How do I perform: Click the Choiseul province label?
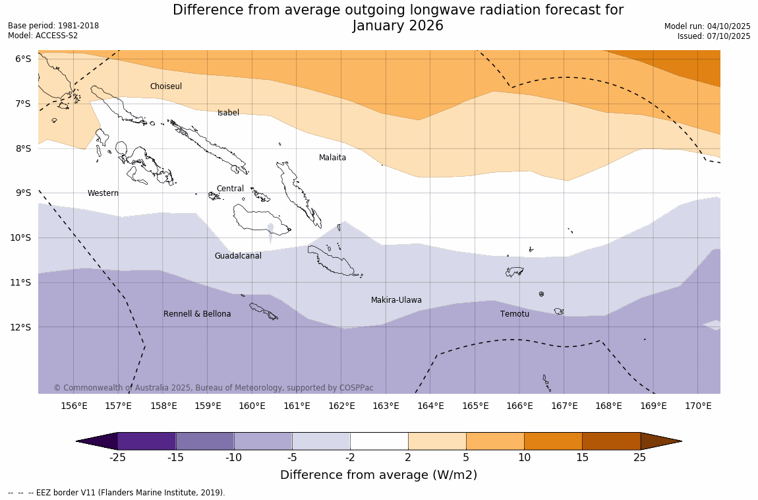click(x=165, y=86)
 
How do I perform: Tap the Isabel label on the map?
click(x=228, y=113)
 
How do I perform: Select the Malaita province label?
click(x=332, y=158)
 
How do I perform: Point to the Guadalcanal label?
click(x=238, y=256)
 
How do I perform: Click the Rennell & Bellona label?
click(x=197, y=314)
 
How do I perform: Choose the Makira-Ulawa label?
click(x=396, y=300)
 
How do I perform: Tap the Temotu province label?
click(x=514, y=314)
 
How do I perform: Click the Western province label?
click(x=103, y=193)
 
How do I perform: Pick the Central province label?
click(x=230, y=189)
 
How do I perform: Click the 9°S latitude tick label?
click(x=23, y=193)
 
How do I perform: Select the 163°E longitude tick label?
click(x=386, y=406)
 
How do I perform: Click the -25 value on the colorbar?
click(x=118, y=458)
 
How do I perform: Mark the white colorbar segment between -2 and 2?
click(x=379, y=441)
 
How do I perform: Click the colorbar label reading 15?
click(x=582, y=458)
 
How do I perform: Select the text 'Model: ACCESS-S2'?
click(x=43, y=36)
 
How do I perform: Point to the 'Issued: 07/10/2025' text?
click(x=714, y=36)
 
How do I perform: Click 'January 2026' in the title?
click(x=397, y=26)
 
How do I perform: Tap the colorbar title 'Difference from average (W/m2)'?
click(x=378, y=475)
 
